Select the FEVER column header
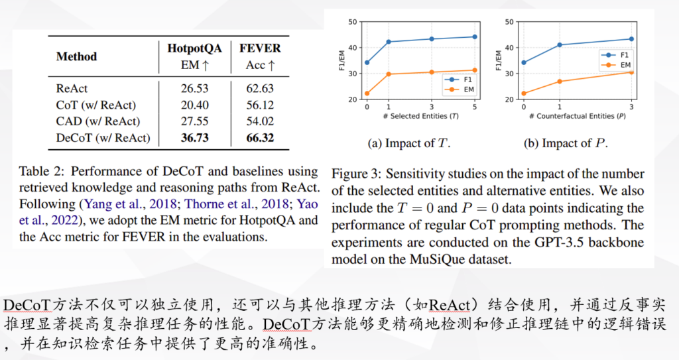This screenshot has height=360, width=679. coord(260,48)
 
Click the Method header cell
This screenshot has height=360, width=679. coord(76,56)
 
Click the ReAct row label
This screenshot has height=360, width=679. coord(72,88)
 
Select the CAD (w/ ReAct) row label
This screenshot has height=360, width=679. coord(97,121)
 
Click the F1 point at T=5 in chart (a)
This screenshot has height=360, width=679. coord(474,36)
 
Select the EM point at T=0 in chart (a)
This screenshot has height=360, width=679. coord(367,93)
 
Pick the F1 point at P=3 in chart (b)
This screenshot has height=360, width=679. coord(631,39)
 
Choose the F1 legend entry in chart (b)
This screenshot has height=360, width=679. coord(611,55)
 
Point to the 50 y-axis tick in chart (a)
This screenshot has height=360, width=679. coord(354,22)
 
